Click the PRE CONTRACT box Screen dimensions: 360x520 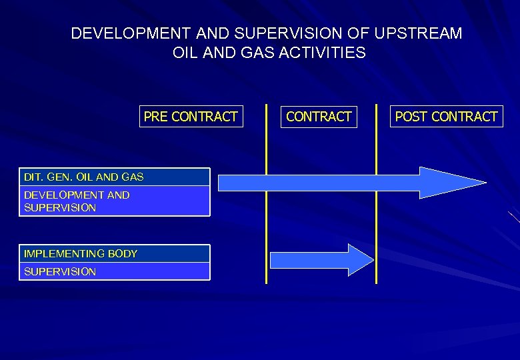191,117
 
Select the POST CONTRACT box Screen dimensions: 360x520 446,117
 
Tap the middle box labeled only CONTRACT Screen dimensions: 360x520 319,117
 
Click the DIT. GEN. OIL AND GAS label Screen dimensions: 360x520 83,177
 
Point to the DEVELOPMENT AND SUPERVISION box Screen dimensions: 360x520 114,201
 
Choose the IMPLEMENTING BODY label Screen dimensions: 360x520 81,254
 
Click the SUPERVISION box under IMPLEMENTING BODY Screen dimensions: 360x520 114,271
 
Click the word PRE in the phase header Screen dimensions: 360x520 156,117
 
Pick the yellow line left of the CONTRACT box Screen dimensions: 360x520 267,220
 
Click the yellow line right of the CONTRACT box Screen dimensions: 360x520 376,220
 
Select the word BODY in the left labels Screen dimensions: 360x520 122,254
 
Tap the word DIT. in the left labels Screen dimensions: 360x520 32,177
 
